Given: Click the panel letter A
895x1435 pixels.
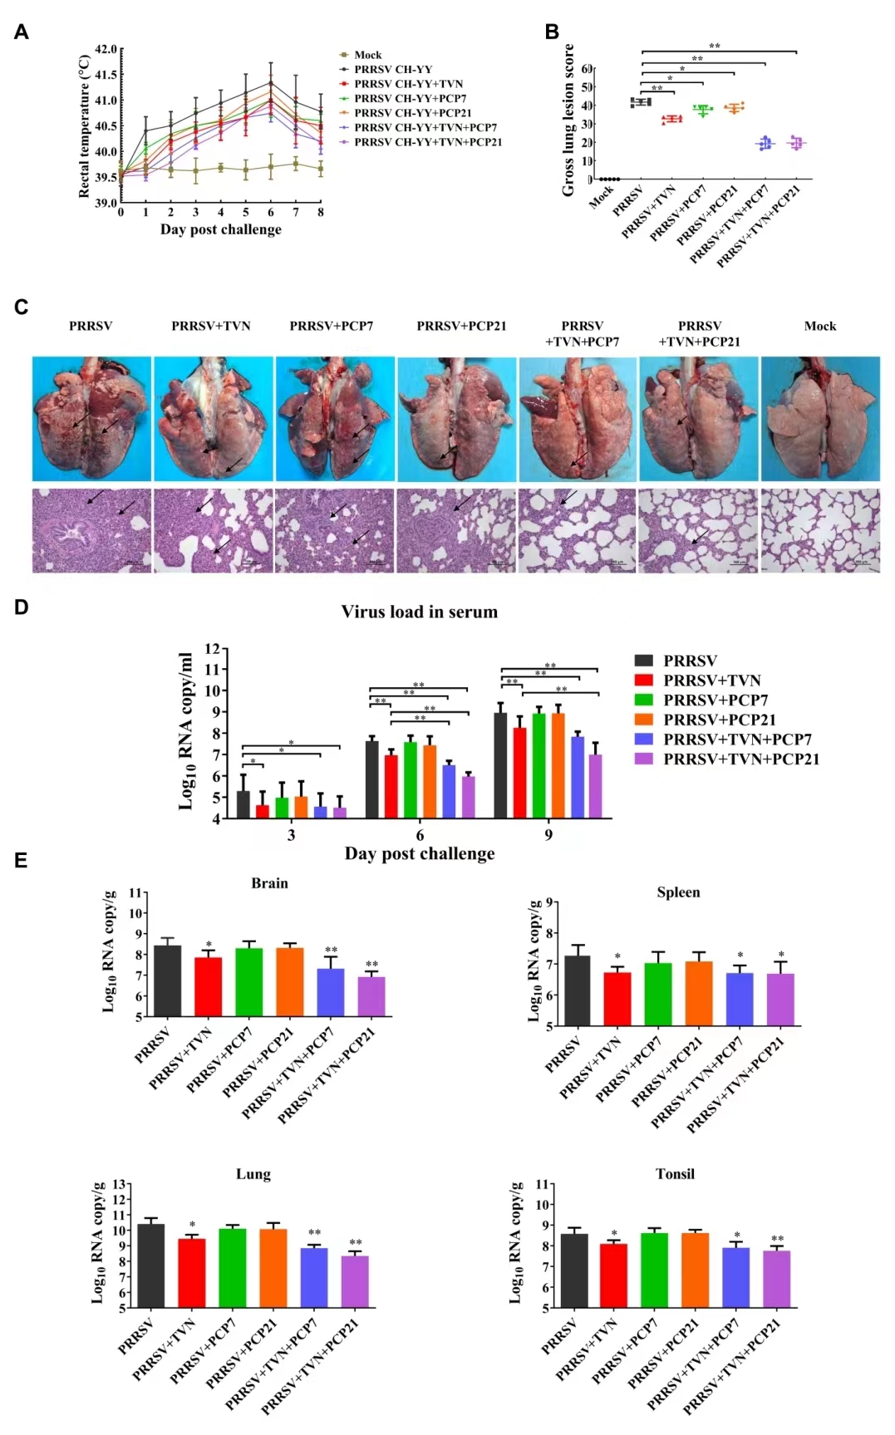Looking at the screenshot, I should coord(22,32).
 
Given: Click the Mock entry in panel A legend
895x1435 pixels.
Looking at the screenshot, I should coord(367,55).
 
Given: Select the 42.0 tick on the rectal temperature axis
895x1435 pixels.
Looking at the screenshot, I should coord(106,50).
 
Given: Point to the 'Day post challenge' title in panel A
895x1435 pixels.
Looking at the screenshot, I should coord(220,229).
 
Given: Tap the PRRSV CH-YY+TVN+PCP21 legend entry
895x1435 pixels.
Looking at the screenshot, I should coord(427,142).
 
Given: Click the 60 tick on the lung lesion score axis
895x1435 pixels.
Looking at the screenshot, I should coord(587,69).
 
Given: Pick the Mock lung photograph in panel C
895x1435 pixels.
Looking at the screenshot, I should coord(819,419).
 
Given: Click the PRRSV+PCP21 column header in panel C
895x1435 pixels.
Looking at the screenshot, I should coord(461,326).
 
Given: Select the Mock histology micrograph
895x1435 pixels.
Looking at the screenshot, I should coord(819,530).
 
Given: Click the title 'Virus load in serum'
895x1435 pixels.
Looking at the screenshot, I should coord(419,612).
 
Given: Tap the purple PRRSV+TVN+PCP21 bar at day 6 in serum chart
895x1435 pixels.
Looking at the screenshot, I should coord(468,798).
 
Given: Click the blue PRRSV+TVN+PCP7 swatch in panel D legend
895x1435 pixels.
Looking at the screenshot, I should coord(643,739).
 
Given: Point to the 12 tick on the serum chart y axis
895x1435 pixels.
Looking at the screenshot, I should coord(213,649).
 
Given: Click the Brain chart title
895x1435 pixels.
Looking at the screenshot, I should coord(269,883).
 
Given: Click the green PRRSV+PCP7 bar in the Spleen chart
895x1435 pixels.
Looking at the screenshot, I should coord(658,995).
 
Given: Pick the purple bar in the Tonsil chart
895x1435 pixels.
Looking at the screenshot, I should coord(777,1280).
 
